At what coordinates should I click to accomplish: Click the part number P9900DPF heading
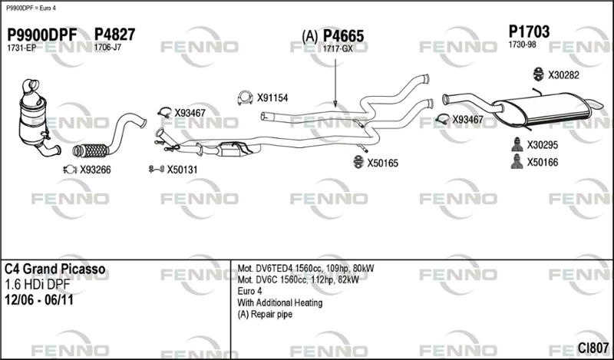tap(42, 35)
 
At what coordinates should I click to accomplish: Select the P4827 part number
tap(114, 35)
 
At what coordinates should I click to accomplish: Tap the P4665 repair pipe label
tap(343, 36)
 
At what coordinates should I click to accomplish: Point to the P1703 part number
tap(529, 31)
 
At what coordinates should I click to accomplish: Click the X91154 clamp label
tap(272, 98)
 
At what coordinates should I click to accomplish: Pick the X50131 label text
tap(182, 170)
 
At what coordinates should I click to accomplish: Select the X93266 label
tap(95, 170)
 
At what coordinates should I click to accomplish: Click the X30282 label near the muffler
tap(563, 75)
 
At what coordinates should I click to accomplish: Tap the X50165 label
tap(382, 163)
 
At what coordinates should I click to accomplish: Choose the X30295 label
tap(542, 145)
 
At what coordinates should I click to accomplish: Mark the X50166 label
tap(542, 162)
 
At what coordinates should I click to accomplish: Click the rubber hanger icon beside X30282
tap(539, 74)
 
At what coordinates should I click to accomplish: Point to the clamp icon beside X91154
tap(245, 98)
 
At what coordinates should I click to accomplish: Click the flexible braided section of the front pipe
tap(92, 150)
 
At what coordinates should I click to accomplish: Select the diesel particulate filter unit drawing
tap(36, 117)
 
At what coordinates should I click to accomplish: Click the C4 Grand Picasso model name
tap(54, 269)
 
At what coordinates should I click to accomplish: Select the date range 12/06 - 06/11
tap(39, 300)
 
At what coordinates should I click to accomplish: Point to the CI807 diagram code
tap(593, 348)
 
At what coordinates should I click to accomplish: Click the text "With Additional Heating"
tap(280, 302)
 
